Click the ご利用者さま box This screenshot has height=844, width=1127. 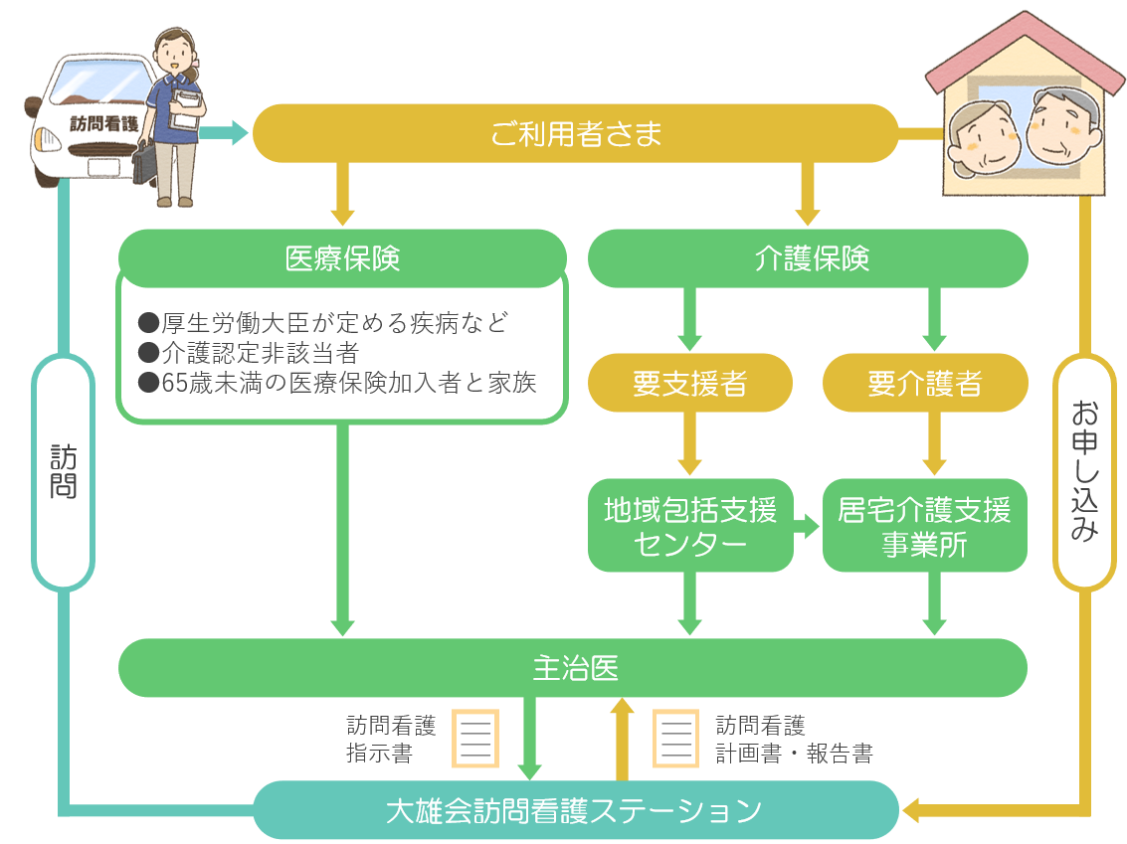(575, 134)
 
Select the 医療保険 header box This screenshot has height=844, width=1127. (342, 258)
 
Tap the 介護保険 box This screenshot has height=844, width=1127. (808, 258)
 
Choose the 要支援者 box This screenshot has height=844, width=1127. (689, 383)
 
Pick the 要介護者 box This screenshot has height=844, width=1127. (924, 383)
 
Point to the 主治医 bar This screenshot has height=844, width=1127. (573, 668)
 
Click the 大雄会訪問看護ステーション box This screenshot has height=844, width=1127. (575, 810)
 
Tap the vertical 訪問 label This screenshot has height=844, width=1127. (64, 472)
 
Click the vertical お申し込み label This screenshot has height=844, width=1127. (1084, 472)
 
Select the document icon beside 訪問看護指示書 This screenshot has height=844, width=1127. (474, 738)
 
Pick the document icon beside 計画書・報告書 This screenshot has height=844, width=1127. (675, 738)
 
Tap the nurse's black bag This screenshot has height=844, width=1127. (145, 164)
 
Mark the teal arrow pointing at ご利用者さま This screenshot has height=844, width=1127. (227, 132)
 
